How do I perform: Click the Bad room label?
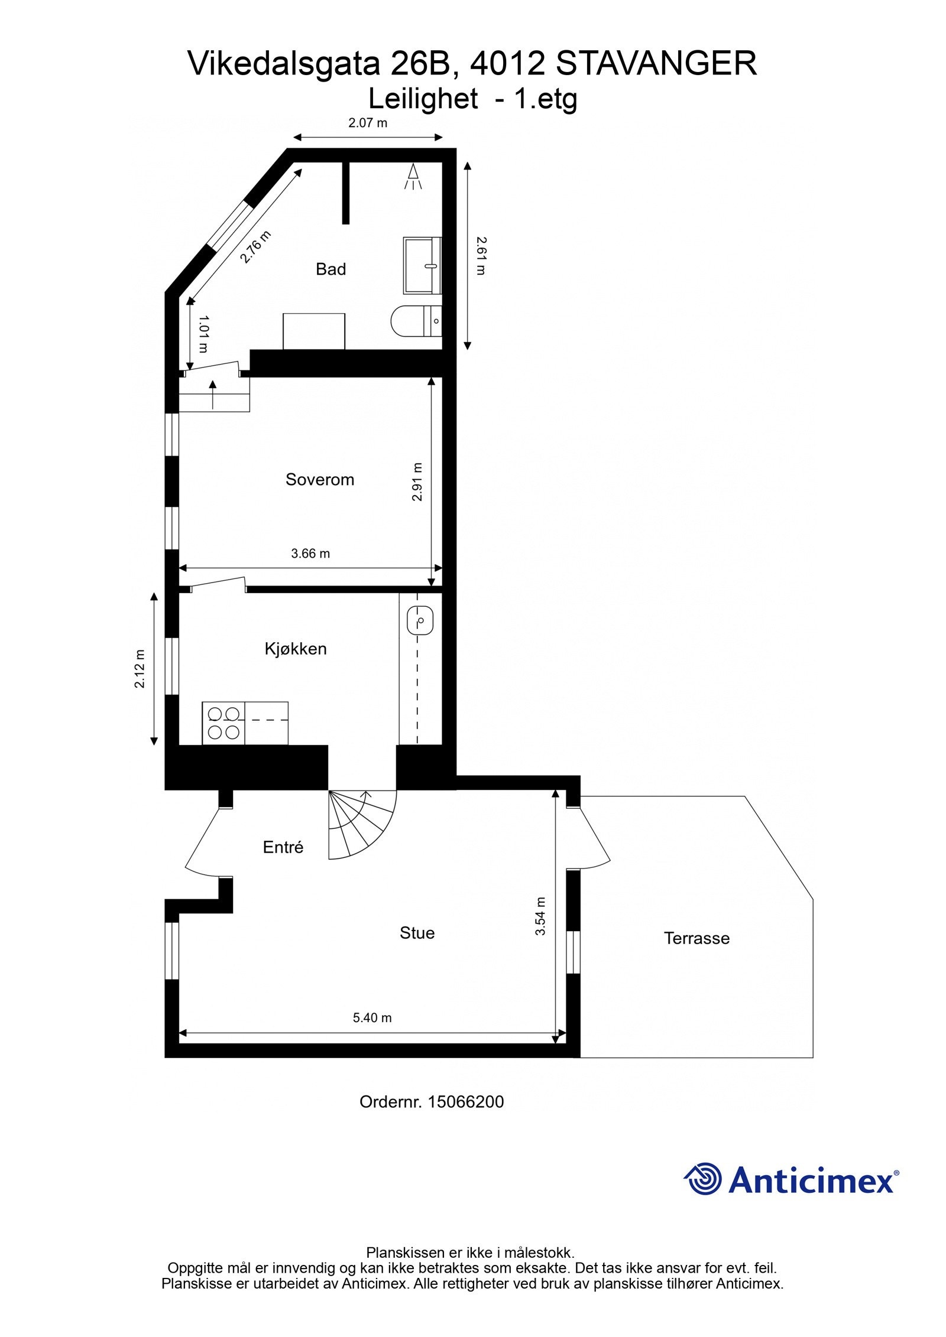pos(331,269)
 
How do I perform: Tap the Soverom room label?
pos(320,479)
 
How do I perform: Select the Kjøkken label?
pos(296,649)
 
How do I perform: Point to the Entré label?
pos(283,847)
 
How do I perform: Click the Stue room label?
pos(417,933)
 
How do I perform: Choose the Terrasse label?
pos(696,938)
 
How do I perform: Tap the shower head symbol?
pos(413,177)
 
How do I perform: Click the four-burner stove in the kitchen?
pos(223,723)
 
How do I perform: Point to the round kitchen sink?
pos(420,621)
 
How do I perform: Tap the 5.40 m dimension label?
pos(372,1017)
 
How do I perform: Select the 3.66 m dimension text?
pos(310,554)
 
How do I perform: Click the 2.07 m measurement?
pos(368,123)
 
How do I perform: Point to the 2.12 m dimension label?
pos(140,669)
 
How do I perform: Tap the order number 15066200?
pos(465,1102)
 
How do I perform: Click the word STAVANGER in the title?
pos(656,64)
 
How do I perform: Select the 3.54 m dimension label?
pos(540,916)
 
